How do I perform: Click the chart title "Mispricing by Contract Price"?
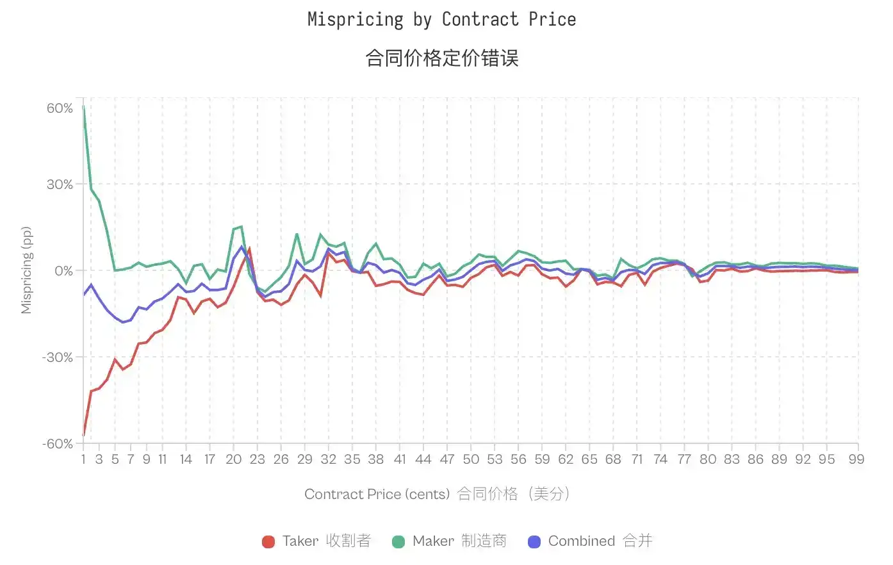point(441,20)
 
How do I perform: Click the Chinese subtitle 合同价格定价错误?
point(441,58)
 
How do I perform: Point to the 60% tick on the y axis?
point(60,108)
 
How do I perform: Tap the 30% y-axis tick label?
point(60,184)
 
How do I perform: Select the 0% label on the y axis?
point(63,271)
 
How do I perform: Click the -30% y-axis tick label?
point(58,357)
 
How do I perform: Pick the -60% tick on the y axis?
point(58,444)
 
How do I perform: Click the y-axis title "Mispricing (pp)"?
point(26,270)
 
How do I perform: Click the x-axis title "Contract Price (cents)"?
point(377,494)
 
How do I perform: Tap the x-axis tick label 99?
point(856,459)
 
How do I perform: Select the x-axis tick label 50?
point(471,459)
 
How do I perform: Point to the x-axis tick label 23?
point(257,459)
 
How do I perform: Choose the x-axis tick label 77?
point(684,459)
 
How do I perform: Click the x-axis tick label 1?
point(83,459)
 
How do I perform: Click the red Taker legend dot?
point(268,542)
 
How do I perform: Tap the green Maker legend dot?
point(398,542)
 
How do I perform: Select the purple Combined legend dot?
point(534,542)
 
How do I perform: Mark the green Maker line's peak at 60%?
point(84,107)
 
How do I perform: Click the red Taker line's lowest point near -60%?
point(84,436)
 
